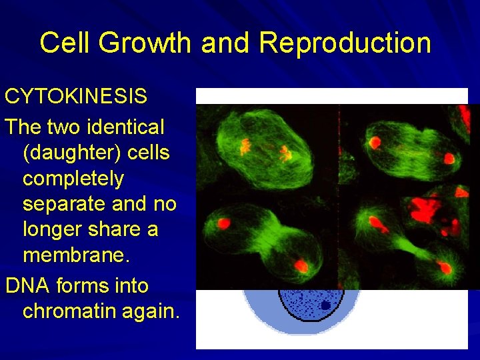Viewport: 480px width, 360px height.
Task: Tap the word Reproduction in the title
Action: (345, 43)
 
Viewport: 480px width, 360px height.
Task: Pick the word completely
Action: (73, 179)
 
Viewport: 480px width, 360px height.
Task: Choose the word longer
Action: (55, 229)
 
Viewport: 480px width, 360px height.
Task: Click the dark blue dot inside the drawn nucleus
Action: (325, 305)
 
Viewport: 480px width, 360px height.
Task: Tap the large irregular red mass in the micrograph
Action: (427, 210)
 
